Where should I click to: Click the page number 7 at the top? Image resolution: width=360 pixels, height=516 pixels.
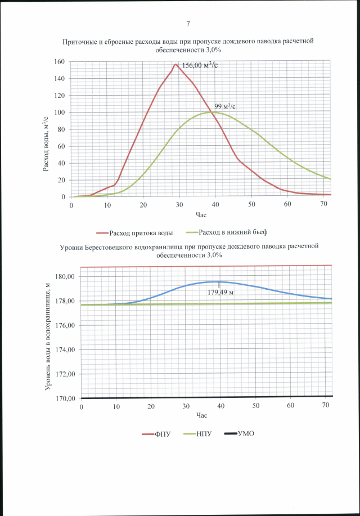[188, 23]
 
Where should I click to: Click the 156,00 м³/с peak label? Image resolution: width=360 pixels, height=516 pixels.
[197, 65]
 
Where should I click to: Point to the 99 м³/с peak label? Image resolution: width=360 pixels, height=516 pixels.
[224, 106]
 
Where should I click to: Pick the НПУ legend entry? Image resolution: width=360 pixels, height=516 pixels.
[201, 434]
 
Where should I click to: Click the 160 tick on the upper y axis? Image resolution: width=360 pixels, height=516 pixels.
[59, 61]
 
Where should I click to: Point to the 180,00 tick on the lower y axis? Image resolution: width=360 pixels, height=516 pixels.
[65, 276]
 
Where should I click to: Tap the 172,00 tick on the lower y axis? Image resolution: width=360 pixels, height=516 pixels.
[65, 374]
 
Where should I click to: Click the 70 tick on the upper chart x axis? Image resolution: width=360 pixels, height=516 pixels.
[323, 205]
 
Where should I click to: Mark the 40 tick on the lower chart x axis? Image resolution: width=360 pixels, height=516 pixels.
[221, 406]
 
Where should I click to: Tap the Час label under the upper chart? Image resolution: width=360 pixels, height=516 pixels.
[201, 215]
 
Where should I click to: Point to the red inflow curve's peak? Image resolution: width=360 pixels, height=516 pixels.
[175, 64]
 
